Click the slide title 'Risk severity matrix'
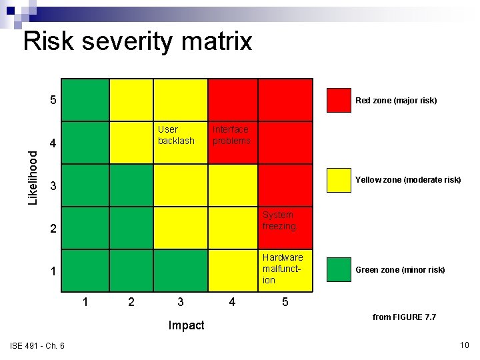pos(137,41)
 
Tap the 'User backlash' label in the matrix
pos(176,135)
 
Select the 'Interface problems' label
pos(231,135)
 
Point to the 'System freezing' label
pos(279,220)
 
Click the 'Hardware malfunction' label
pos(282,268)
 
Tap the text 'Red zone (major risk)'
pos(396,101)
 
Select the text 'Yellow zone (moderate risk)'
pos(408,180)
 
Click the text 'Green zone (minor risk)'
pos(400,270)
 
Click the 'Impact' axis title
pos(187,325)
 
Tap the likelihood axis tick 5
pos(53,101)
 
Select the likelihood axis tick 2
pos(53,229)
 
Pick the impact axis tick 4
pos(231,302)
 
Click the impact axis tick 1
pos(85,302)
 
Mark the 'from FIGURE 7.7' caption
pos(404,317)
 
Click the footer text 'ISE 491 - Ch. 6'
pos(37,345)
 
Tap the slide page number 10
pos(465,345)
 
